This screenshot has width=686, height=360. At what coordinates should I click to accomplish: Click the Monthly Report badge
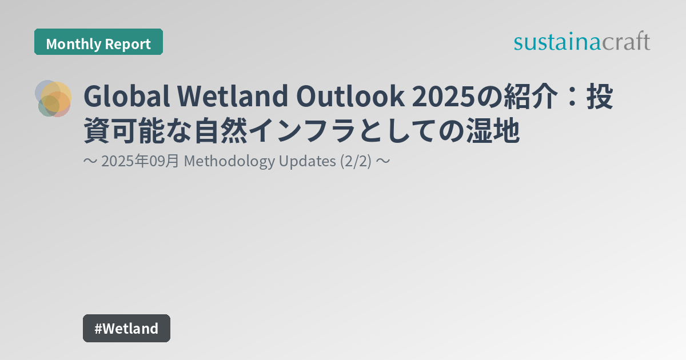click(x=98, y=43)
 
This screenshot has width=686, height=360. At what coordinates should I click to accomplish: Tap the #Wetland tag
click(x=126, y=329)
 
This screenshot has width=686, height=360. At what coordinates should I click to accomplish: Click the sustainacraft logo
click(x=581, y=42)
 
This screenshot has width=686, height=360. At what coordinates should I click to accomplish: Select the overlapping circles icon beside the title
click(x=54, y=98)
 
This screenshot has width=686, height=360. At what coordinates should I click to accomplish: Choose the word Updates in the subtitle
click(x=307, y=162)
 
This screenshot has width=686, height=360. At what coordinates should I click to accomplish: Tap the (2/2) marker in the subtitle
click(x=356, y=162)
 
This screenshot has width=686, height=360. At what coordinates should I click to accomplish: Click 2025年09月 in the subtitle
click(x=141, y=162)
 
